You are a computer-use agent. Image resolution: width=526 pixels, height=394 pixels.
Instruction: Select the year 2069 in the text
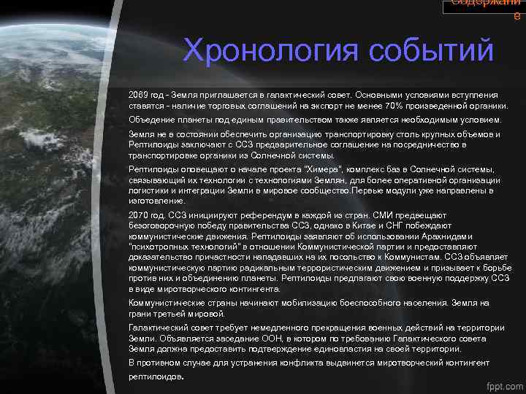pyautogui.click(x=138, y=95)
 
